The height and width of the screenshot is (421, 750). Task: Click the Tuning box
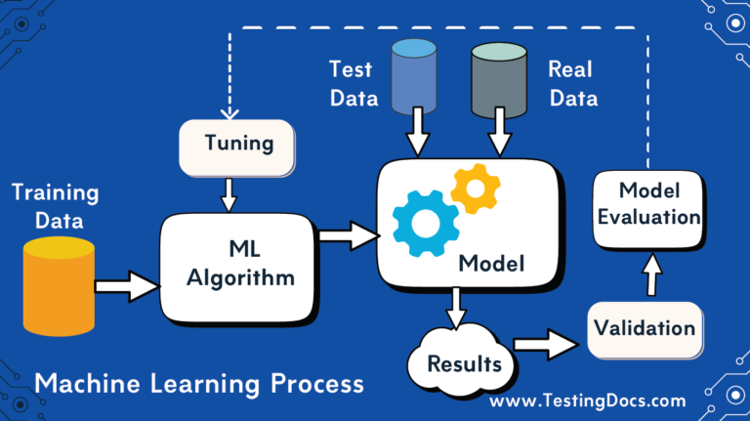237,146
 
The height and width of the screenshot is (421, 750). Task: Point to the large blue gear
425,224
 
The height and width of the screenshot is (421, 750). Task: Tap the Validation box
646,327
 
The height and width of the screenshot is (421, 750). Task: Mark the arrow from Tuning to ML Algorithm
229,193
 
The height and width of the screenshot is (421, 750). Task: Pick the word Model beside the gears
492,263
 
